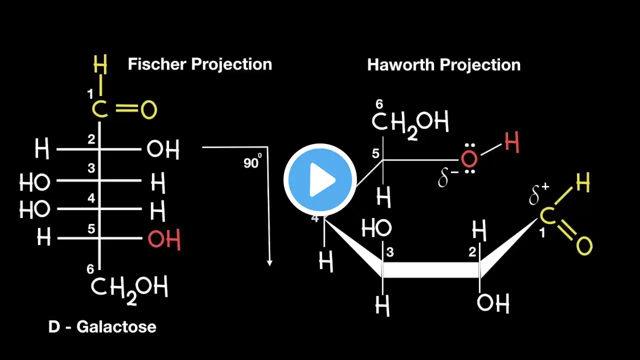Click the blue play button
[x=320, y=179]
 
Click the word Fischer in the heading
[x=157, y=64]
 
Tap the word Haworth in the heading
[x=401, y=64]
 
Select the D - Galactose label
[x=102, y=326]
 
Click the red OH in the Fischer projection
[x=164, y=239]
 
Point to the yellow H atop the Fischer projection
[x=100, y=64]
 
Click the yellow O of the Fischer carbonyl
[x=149, y=109]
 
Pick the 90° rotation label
[x=252, y=161]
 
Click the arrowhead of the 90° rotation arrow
[x=269, y=263]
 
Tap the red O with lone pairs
[x=469, y=159]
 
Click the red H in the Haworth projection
[x=511, y=142]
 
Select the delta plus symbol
[x=538, y=194]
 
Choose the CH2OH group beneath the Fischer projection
[x=129, y=289]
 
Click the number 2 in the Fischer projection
[x=91, y=139]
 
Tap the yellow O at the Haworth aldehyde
[x=584, y=245]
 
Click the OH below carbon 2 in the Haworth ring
[x=493, y=303]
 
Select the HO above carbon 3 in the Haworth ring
[x=376, y=228]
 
